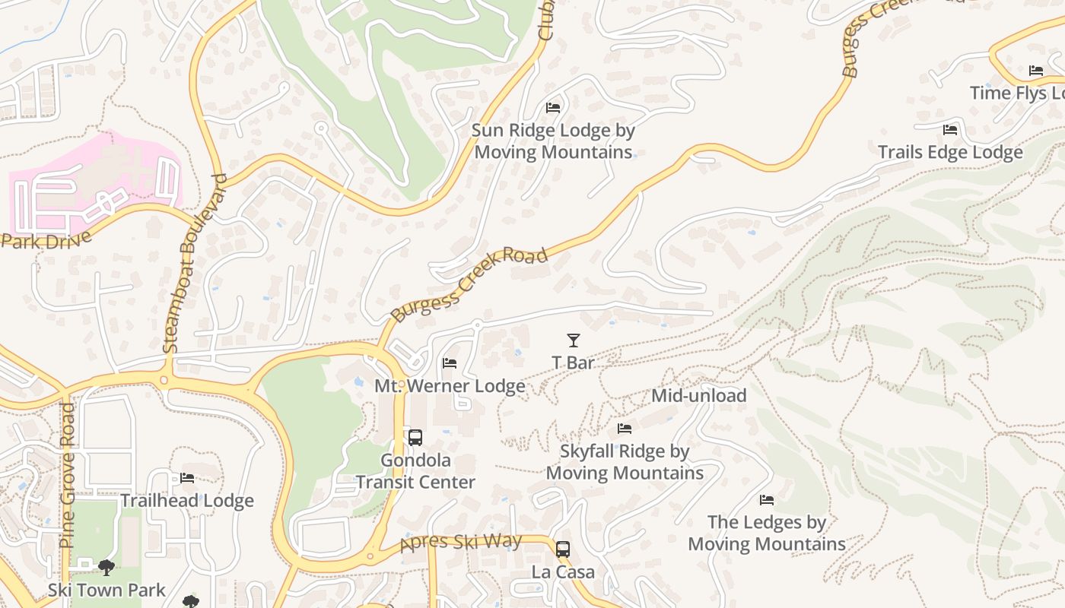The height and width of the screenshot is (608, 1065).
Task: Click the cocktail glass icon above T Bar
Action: (574, 340)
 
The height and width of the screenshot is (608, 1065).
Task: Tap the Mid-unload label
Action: (698, 396)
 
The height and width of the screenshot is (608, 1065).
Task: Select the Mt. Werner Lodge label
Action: (450, 386)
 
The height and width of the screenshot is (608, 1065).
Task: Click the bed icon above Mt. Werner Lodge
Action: (450, 363)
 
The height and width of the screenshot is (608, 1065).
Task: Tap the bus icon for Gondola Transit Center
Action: (415, 438)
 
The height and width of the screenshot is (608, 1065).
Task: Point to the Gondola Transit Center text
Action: (415, 471)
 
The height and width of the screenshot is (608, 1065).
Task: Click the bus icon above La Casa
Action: (563, 549)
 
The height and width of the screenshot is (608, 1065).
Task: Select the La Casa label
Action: (563, 572)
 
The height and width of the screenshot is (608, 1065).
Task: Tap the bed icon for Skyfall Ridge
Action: (625, 429)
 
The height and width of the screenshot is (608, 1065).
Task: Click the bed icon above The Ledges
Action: (767, 500)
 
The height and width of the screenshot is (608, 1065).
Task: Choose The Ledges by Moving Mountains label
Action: (767, 533)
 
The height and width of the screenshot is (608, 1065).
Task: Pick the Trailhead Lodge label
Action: (187, 501)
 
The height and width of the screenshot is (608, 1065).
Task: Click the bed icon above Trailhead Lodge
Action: (187, 478)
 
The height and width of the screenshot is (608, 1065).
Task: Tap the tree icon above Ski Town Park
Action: (106, 567)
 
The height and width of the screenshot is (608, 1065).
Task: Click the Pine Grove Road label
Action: (67, 475)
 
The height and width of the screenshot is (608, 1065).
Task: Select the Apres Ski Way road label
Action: (461, 543)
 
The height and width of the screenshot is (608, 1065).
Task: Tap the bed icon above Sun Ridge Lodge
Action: (553, 108)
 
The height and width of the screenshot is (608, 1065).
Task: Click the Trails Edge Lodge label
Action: (950, 152)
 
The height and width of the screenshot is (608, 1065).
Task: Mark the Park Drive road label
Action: (46, 240)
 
